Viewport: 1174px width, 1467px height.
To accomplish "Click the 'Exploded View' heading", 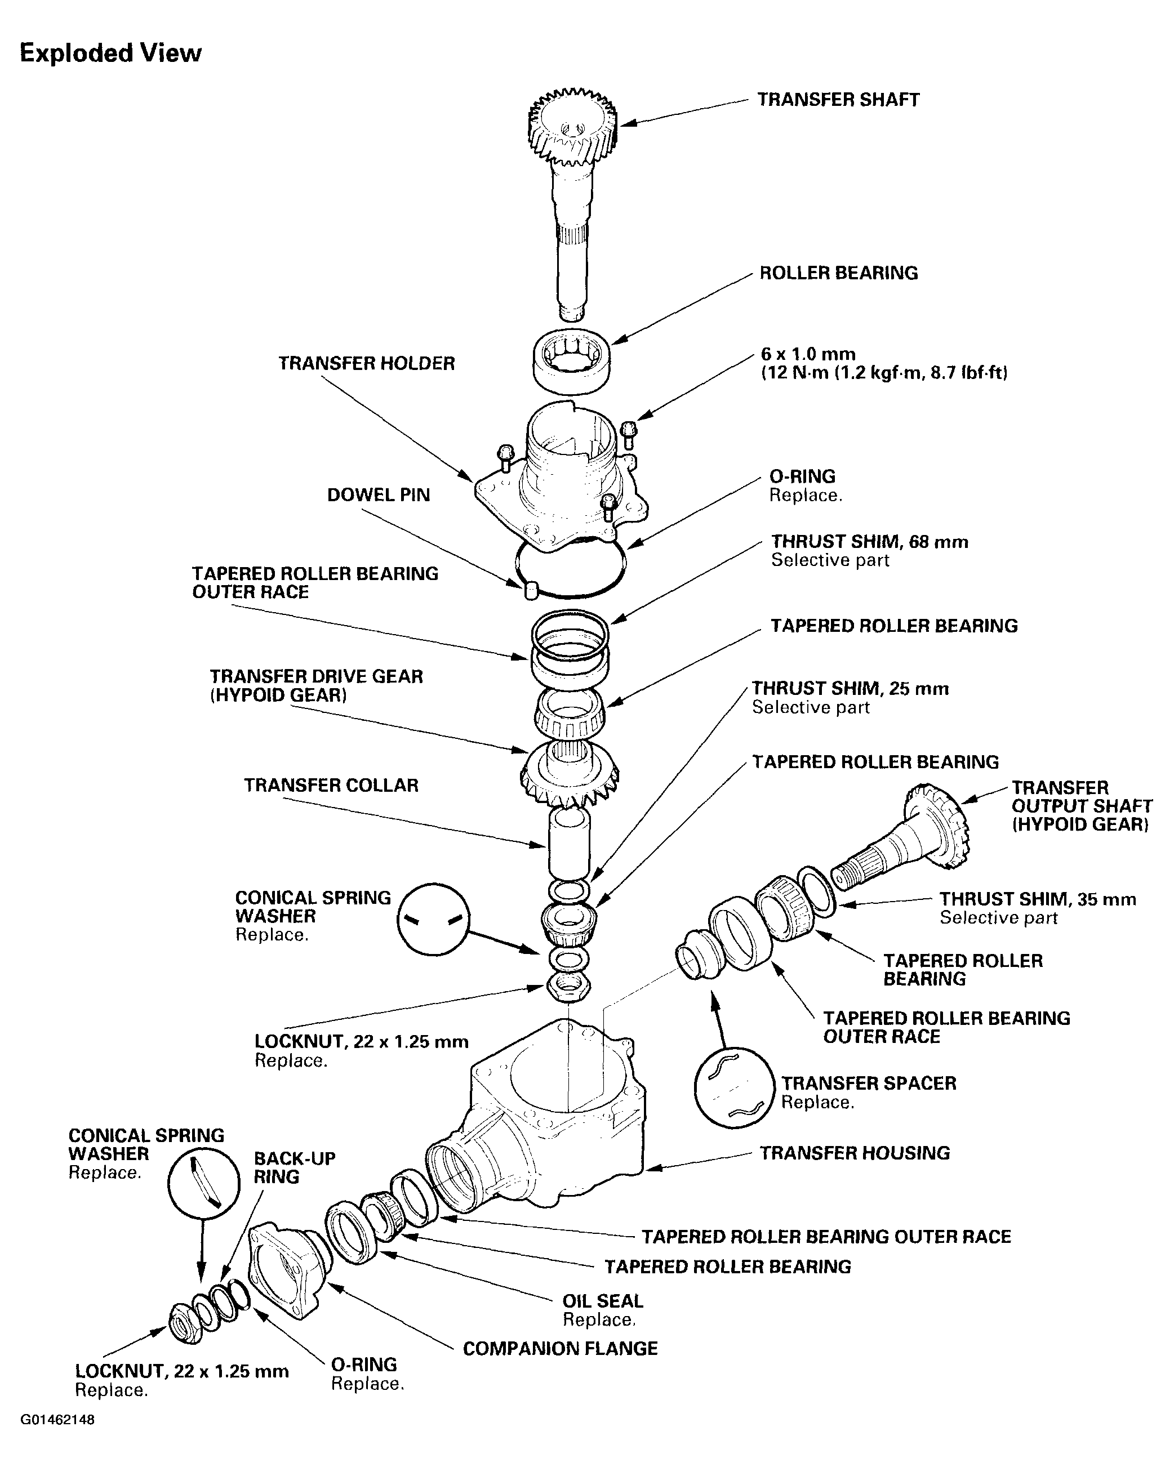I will pyautogui.click(x=110, y=53).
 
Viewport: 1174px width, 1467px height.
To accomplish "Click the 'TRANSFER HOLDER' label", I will pyautogui.click(x=366, y=363).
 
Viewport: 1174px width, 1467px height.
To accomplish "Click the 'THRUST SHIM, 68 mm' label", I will pyautogui.click(x=869, y=542).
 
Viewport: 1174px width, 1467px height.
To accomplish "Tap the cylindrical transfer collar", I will pyautogui.click(x=569, y=844).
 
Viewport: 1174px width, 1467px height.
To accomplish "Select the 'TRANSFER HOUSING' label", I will pyautogui.click(x=854, y=1153).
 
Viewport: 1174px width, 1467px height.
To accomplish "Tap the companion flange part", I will pyautogui.click(x=286, y=1271).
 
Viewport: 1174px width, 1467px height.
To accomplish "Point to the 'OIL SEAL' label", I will pyautogui.click(x=602, y=1301).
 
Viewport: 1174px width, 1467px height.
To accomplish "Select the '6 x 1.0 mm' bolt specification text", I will pyautogui.click(x=808, y=354).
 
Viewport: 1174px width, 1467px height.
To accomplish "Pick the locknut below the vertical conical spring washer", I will pyautogui.click(x=568, y=987).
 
